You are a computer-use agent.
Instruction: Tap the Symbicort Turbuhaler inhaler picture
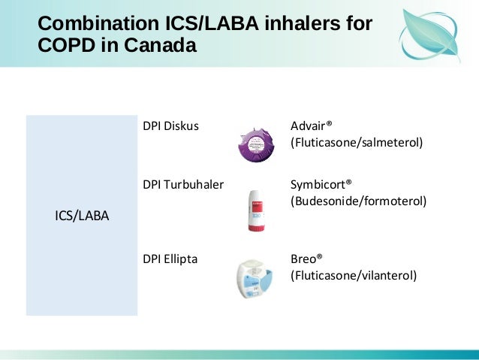[256, 210]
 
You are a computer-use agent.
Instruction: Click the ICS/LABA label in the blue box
[82, 216]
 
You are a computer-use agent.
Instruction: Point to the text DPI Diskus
[170, 126]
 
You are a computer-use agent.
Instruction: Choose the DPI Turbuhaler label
[183, 184]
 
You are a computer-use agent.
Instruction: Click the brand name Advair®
[311, 126]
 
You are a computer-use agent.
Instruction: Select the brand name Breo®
[306, 259]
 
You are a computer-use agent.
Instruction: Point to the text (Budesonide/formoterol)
[358, 201]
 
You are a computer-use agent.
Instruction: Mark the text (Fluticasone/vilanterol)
[353, 276]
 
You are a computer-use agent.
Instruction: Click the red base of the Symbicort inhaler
[256, 227]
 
